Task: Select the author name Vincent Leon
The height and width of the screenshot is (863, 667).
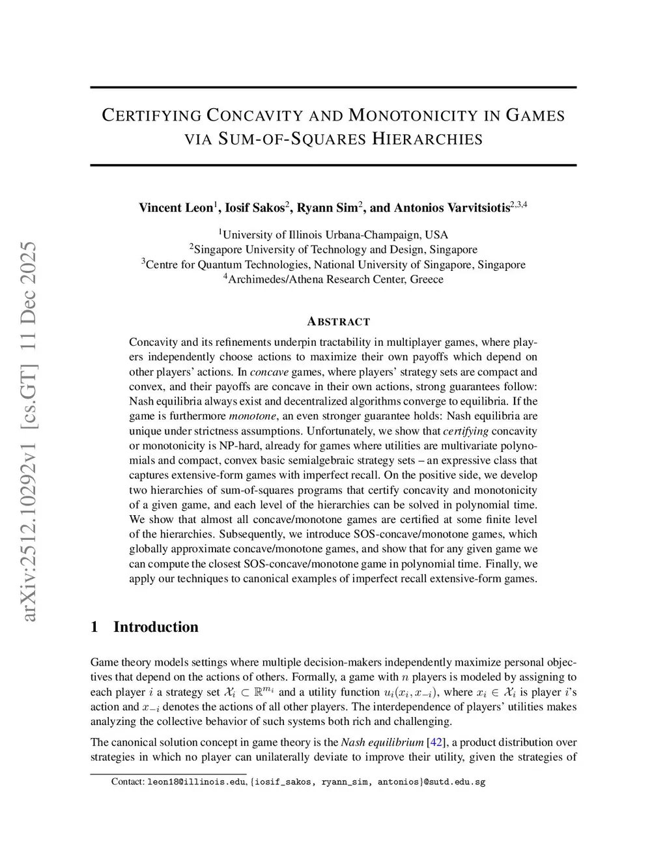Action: point(176,208)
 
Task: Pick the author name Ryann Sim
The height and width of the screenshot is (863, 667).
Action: point(327,208)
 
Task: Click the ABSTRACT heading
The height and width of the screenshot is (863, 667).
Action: point(338,322)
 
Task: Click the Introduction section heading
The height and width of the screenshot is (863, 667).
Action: point(156,627)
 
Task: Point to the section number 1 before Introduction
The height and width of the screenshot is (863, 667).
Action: point(94,627)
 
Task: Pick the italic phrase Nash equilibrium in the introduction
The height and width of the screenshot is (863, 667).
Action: point(382,743)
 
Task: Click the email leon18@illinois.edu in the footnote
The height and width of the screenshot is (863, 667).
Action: point(197,782)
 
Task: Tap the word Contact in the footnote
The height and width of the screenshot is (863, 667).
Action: point(127,782)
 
